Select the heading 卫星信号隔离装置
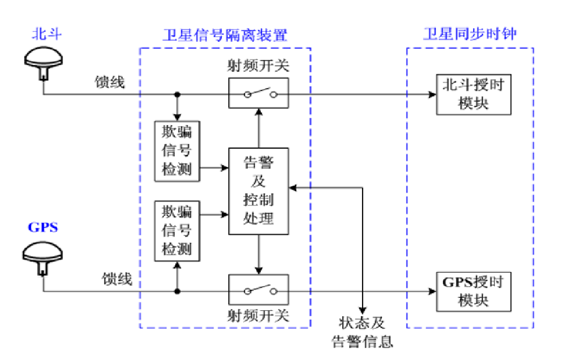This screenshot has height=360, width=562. coord(225,35)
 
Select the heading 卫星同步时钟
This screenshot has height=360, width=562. coord(470,35)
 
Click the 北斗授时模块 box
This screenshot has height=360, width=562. coord(473,94)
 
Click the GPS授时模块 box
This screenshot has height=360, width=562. coord(473,292)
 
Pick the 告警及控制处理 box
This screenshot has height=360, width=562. coord(259,191)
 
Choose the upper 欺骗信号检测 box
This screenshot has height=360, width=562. coord(176,151)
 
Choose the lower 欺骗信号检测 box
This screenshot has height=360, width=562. coord(176,232)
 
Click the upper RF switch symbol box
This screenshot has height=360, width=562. coord(259,94)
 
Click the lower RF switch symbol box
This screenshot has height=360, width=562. coord(259,291)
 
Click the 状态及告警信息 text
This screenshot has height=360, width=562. coord(363,332)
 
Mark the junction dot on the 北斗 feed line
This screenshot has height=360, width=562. coord(177,95)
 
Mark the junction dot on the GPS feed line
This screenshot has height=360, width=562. coord(177,292)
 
